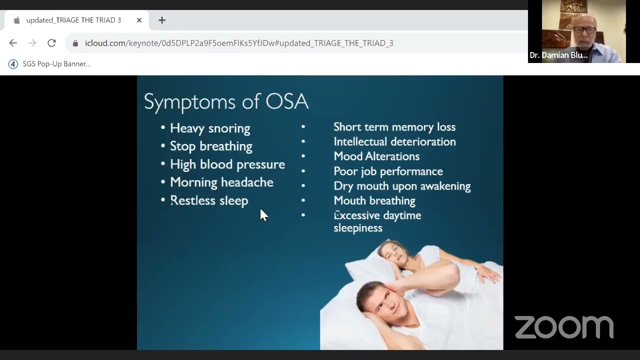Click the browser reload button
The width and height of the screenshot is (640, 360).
[51, 43]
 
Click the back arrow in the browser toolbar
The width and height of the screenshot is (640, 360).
[13, 43]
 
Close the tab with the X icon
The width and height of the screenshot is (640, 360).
[139, 20]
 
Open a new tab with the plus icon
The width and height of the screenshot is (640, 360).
[162, 20]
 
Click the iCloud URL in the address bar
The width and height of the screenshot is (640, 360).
[239, 43]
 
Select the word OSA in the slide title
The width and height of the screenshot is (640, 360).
[286, 101]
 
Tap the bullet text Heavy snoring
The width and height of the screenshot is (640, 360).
[210, 128]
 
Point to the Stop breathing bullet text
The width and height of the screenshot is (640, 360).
[211, 146]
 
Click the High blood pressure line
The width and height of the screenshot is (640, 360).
[227, 164]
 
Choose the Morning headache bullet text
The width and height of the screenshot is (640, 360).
[221, 182]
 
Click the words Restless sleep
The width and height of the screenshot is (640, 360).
[209, 200]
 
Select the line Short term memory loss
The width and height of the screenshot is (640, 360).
[394, 127]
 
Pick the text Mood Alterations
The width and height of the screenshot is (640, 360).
[376, 156]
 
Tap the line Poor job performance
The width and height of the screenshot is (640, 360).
[388, 171]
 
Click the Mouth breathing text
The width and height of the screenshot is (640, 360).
[374, 200]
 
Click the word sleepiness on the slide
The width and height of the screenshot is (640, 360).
[358, 228]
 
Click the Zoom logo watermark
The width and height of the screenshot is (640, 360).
[564, 327]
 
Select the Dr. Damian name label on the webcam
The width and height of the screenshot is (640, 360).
[558, 55]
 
